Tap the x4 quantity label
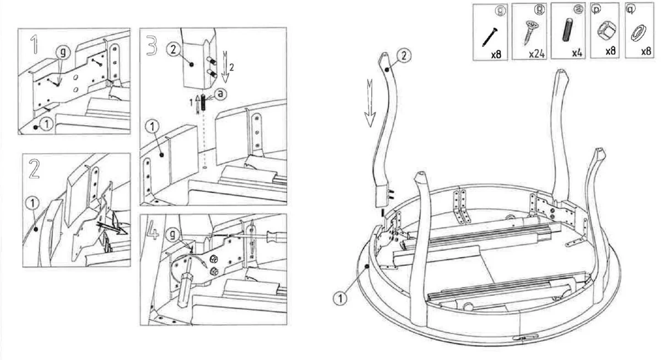(577, 53)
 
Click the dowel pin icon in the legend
(567, 30)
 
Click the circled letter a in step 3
(220, 94)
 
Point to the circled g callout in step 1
(64, 51)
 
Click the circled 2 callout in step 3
(172, 50)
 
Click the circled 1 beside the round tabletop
(341, 299)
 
